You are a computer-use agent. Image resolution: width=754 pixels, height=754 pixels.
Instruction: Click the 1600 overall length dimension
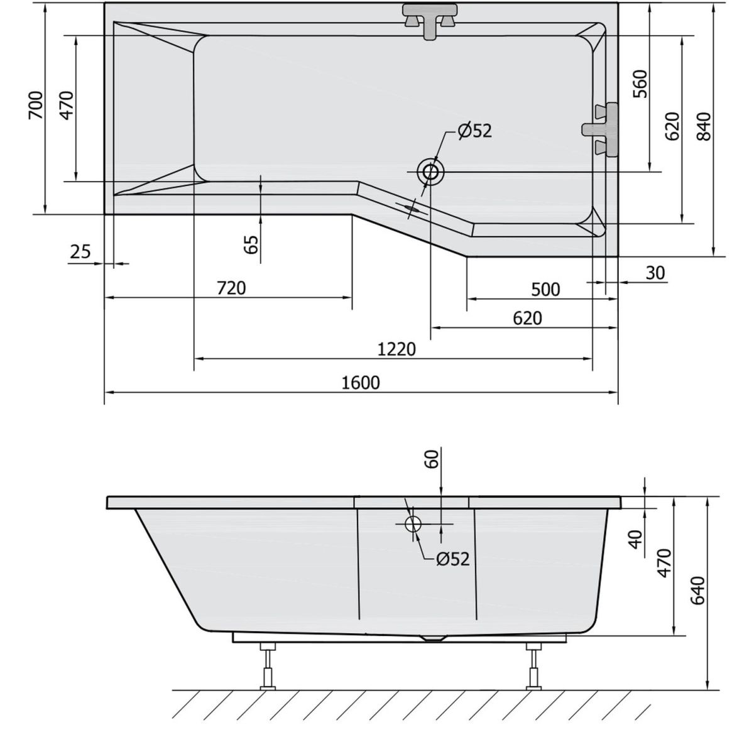click(x=361, y=383)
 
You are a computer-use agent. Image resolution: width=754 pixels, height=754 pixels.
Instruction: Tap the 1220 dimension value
click(x=396, y=349)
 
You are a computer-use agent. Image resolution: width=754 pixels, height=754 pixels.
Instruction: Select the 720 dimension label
click(x=231, y=288)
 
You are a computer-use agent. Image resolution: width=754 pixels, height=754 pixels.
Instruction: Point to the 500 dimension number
click(x=545, y=290)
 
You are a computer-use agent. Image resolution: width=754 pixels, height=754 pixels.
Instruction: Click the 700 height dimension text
click(x=36, y=105)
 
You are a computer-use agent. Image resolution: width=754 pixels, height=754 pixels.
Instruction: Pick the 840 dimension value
click(x=704, y=126)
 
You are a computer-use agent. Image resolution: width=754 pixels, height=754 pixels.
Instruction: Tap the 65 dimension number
click(x=251, y=244)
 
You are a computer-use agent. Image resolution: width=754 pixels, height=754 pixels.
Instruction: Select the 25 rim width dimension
click(x=80, y=251)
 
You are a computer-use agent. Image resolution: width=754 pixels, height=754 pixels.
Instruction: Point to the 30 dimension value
click(x=655, y=273)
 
